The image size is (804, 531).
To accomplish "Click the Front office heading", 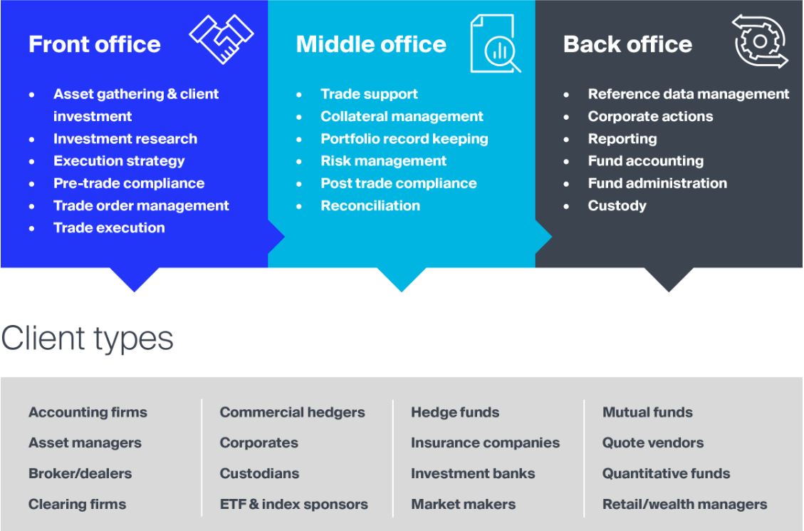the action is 95,44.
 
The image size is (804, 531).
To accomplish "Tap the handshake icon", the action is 221,39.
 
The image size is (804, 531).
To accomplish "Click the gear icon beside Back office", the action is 760,41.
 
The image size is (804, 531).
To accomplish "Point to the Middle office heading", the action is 371,44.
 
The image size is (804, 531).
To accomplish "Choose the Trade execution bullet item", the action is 109,228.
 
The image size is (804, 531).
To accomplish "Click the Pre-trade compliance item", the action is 129,183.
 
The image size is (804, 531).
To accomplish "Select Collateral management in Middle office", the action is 402,116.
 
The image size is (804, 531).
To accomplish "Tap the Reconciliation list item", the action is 370,206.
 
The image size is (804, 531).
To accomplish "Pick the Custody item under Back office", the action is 617,206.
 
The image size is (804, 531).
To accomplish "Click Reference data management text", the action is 689,94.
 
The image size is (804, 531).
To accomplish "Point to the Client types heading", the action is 87,339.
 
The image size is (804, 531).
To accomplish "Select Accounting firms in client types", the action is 88,412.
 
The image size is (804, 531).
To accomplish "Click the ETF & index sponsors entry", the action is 294,505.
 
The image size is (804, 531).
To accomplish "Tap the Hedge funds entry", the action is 455,412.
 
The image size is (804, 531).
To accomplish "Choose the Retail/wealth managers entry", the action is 685,505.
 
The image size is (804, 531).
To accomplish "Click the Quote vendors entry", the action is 653,443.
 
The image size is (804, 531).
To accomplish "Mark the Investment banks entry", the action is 473,473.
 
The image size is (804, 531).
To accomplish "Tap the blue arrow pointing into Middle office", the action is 276,237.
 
